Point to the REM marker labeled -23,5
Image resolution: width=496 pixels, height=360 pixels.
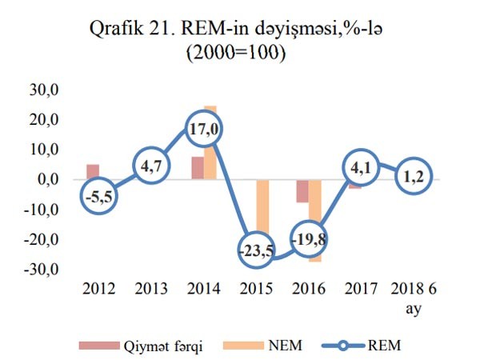[x=257, y=250]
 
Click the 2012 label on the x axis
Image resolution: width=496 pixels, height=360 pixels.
[x=98, y=289]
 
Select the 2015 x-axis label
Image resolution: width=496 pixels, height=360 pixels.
[x=256, y=289]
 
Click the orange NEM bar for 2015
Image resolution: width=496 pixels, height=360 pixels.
[x=262, y=216]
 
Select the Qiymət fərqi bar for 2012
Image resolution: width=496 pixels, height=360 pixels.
[x=92, y=172]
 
